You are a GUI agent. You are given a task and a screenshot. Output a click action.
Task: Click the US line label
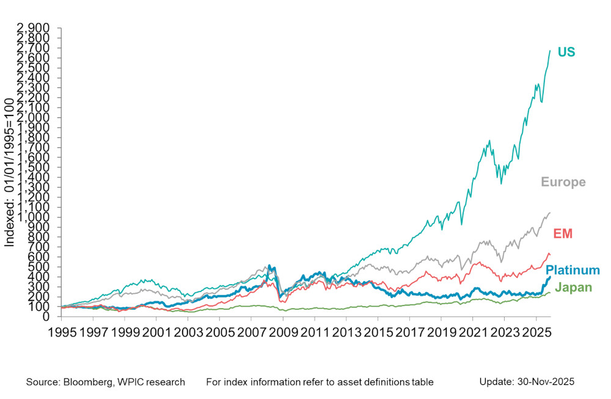point(566,53)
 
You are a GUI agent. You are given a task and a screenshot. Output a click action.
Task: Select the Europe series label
point(563,182)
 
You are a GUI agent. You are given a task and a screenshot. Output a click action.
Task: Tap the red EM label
point(562,233)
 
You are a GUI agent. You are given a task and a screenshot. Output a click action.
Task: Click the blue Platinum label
point(573,270)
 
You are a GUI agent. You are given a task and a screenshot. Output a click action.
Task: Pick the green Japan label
point(574,287)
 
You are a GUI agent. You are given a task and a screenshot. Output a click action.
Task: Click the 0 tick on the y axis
point(51,317)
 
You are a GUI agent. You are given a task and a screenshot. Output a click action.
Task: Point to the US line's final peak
point(550,51)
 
